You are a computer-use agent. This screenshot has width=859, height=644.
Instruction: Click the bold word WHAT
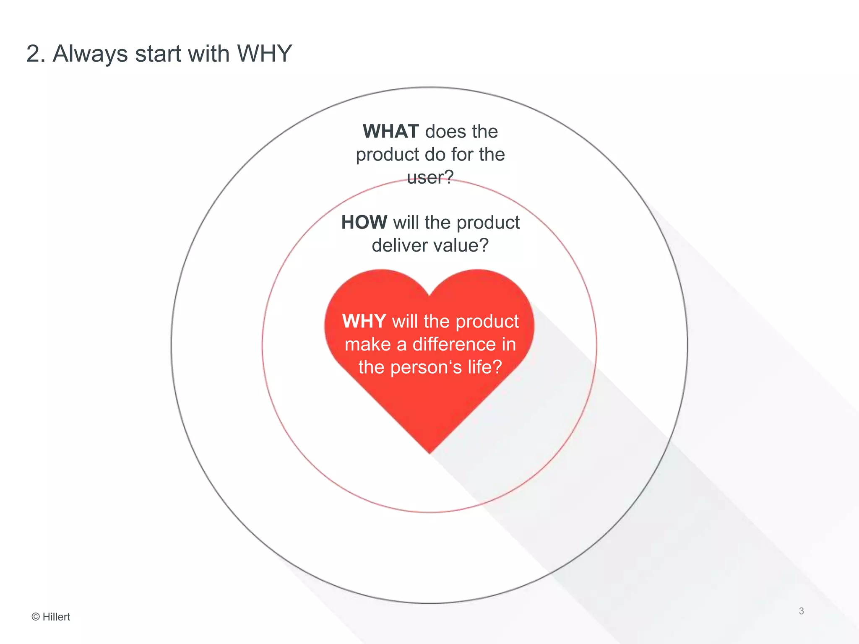(x=390, y=132)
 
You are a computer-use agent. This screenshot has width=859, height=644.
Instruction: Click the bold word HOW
(x=364, y=222)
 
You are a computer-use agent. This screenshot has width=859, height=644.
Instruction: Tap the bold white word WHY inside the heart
(x=364, y=322)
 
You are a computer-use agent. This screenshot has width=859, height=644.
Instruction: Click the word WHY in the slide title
(x=264, y=54)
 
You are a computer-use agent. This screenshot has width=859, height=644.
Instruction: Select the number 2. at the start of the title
(x=36, y=54)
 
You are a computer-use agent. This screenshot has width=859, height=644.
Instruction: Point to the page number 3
(x=801, y=611)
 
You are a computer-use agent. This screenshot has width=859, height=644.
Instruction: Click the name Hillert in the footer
(x=56, y=617)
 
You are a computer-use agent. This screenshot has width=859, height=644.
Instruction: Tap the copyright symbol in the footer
(x=36, y=617)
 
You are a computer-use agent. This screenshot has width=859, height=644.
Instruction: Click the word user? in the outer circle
(x=430, y=177)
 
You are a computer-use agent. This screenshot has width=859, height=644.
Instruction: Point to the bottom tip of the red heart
(x=429, y=452)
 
